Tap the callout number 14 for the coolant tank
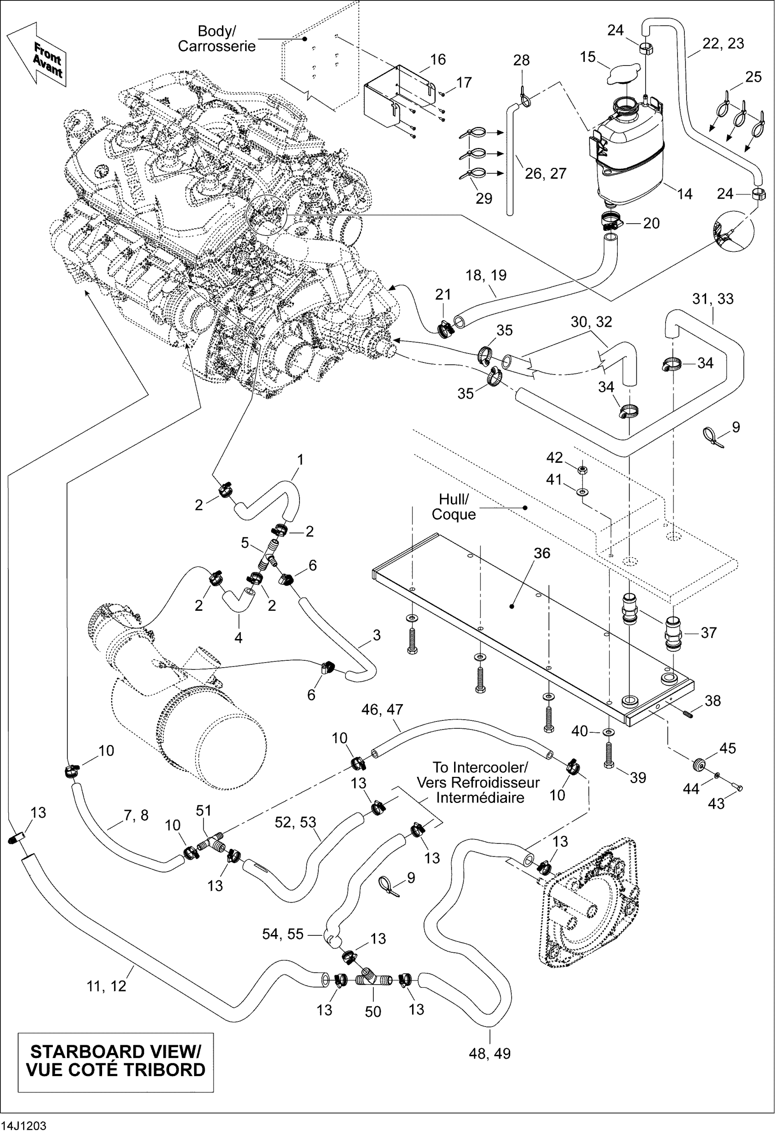[684, 194]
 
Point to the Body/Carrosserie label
[217, 39]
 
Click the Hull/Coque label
[454, 507]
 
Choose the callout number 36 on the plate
[542, 553]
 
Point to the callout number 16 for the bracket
[438, 60]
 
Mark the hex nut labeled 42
[582, 470]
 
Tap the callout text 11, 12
[107, 986]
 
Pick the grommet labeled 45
[699, 765]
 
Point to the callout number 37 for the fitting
[708, 633]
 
